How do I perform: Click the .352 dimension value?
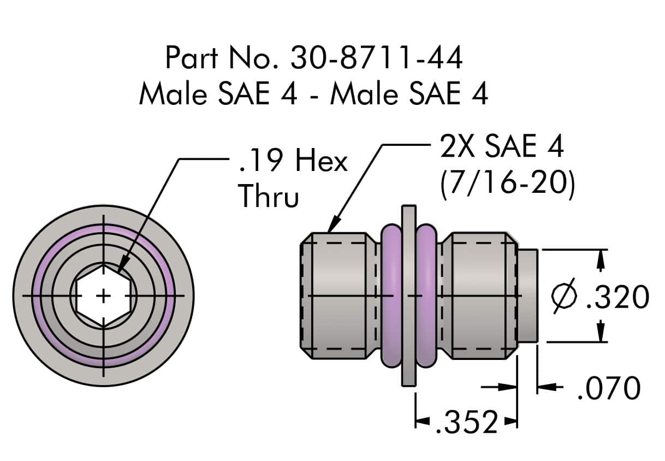coord(467,422)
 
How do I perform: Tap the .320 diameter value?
coord(617,298)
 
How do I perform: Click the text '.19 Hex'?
coord(293,162)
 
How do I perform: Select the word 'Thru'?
coord(269,196)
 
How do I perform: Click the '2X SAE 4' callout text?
coord(501,147)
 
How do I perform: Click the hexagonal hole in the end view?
coord(103,295)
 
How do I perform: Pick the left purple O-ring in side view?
coord(391,295)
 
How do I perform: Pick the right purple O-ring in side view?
coord(427,295)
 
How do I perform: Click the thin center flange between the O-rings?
coord(408,295)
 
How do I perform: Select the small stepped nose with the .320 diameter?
coord(528,295)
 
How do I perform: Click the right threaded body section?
coord(480,295)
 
